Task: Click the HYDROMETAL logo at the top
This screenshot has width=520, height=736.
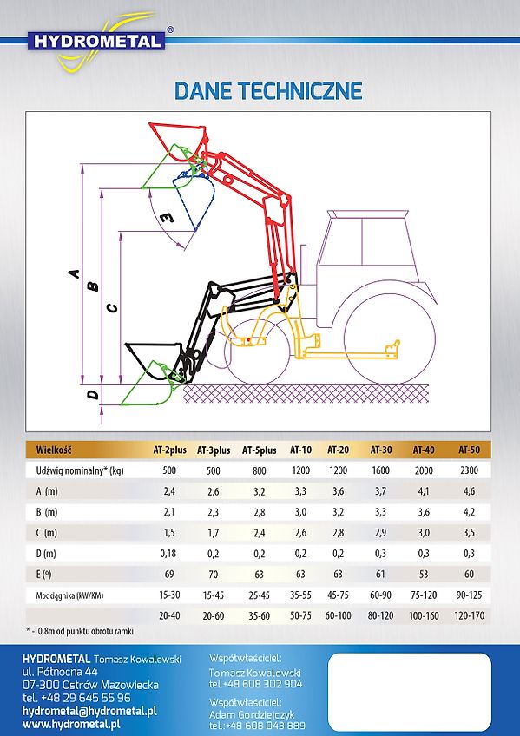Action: point(96,42)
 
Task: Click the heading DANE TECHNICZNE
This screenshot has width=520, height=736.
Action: point(268,90)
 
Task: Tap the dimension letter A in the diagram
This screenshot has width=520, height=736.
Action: point(75,273)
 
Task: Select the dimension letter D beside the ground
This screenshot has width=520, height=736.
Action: point(94,394)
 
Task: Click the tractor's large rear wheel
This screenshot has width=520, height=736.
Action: point(390,338)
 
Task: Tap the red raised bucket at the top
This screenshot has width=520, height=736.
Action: point(179,140)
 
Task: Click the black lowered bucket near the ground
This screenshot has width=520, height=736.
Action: point(155,358)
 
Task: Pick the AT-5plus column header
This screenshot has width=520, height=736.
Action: point(259,450)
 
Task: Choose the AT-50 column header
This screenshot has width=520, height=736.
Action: point(470,450)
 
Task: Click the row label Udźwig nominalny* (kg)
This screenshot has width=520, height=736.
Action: point(80,470)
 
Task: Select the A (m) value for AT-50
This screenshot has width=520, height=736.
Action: point(470,491)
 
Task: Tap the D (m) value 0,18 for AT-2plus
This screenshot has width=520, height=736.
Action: point(168,554)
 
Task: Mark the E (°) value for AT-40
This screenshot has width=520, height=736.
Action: point(424,574)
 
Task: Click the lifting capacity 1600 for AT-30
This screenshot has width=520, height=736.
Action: point(380,470)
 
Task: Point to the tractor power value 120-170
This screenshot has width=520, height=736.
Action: point(470,615)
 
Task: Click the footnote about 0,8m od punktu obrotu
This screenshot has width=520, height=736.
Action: point(80,631)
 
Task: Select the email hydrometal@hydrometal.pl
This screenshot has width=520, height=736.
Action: point(89,711)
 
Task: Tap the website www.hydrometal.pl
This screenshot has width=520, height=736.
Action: point(71,724)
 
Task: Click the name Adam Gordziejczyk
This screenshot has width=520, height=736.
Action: point(252,715)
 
